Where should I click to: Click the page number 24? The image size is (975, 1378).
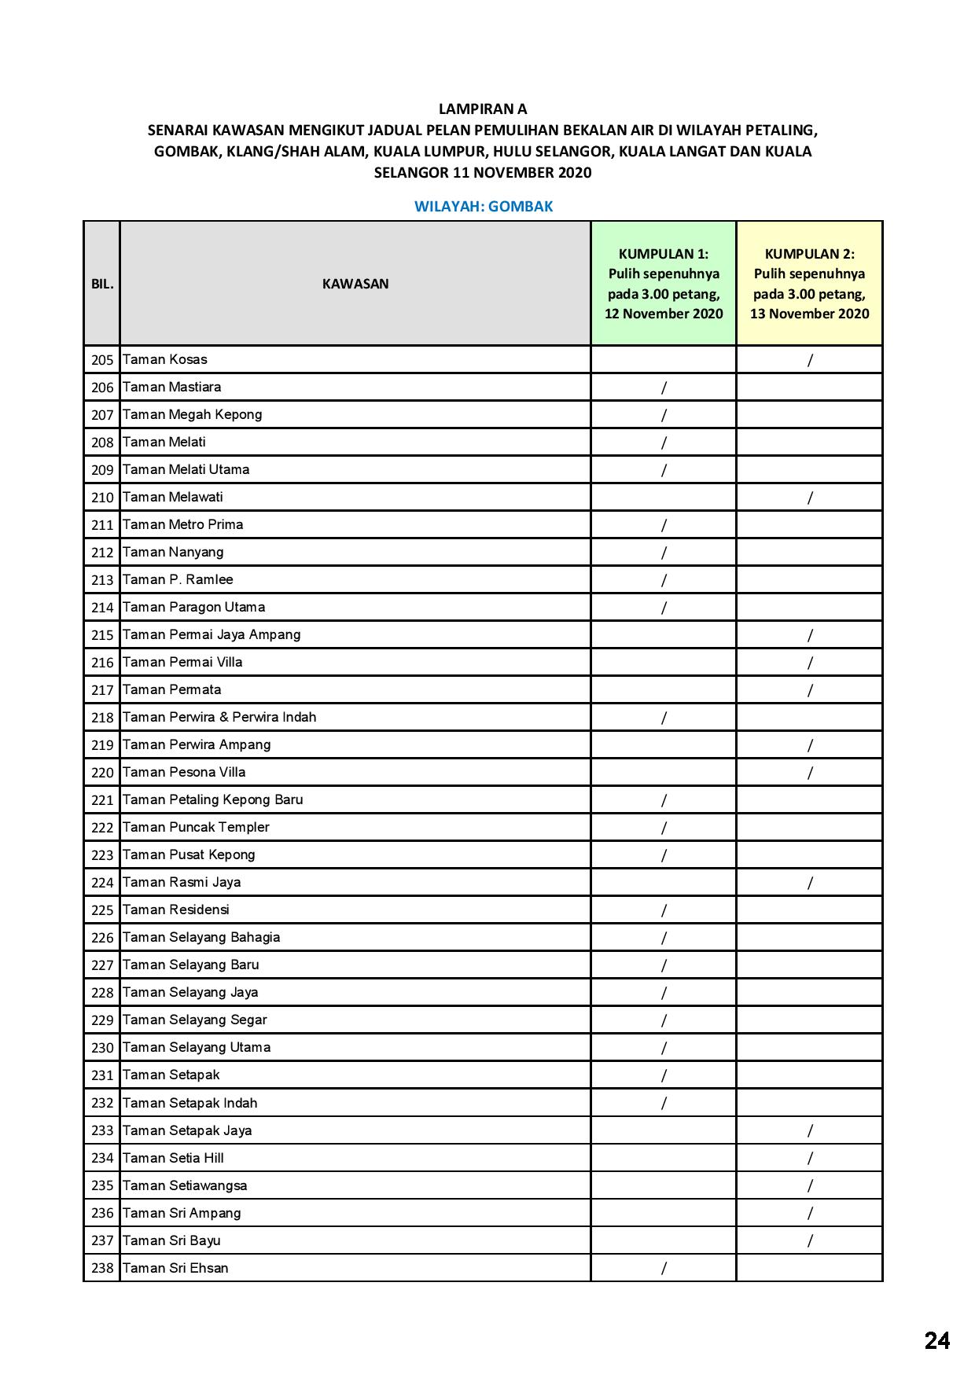(936, 1340)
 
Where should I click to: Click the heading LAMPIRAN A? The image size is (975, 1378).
(483, 109)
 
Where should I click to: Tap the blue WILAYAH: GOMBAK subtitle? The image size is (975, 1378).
(484, 207)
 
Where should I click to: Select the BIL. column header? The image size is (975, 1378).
(102, 284)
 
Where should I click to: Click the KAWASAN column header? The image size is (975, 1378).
(355, 284)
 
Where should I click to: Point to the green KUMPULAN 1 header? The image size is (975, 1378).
(664, 283)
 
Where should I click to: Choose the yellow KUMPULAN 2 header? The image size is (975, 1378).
(809, 283)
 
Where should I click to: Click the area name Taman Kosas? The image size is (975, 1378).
(165, 360)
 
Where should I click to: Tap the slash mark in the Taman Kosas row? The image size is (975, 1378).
(810, 360)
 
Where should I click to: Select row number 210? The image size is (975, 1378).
(102, 498)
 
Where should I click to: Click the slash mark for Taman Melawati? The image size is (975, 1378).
(810, 498)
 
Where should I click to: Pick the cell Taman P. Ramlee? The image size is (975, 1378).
(178, 580)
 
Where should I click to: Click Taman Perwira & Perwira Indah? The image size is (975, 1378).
(219, 718)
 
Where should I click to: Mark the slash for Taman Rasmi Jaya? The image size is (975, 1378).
(810, 883)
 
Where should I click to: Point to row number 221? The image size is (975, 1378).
(102, 800)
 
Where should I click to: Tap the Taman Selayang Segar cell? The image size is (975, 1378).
(195, 1020)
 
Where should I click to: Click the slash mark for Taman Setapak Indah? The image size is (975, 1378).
(664, 1103)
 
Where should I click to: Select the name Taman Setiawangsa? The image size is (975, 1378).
(185, 1185)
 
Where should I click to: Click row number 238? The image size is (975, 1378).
(102, 1268)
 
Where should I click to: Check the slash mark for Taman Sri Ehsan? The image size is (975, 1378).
(664, 1268)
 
